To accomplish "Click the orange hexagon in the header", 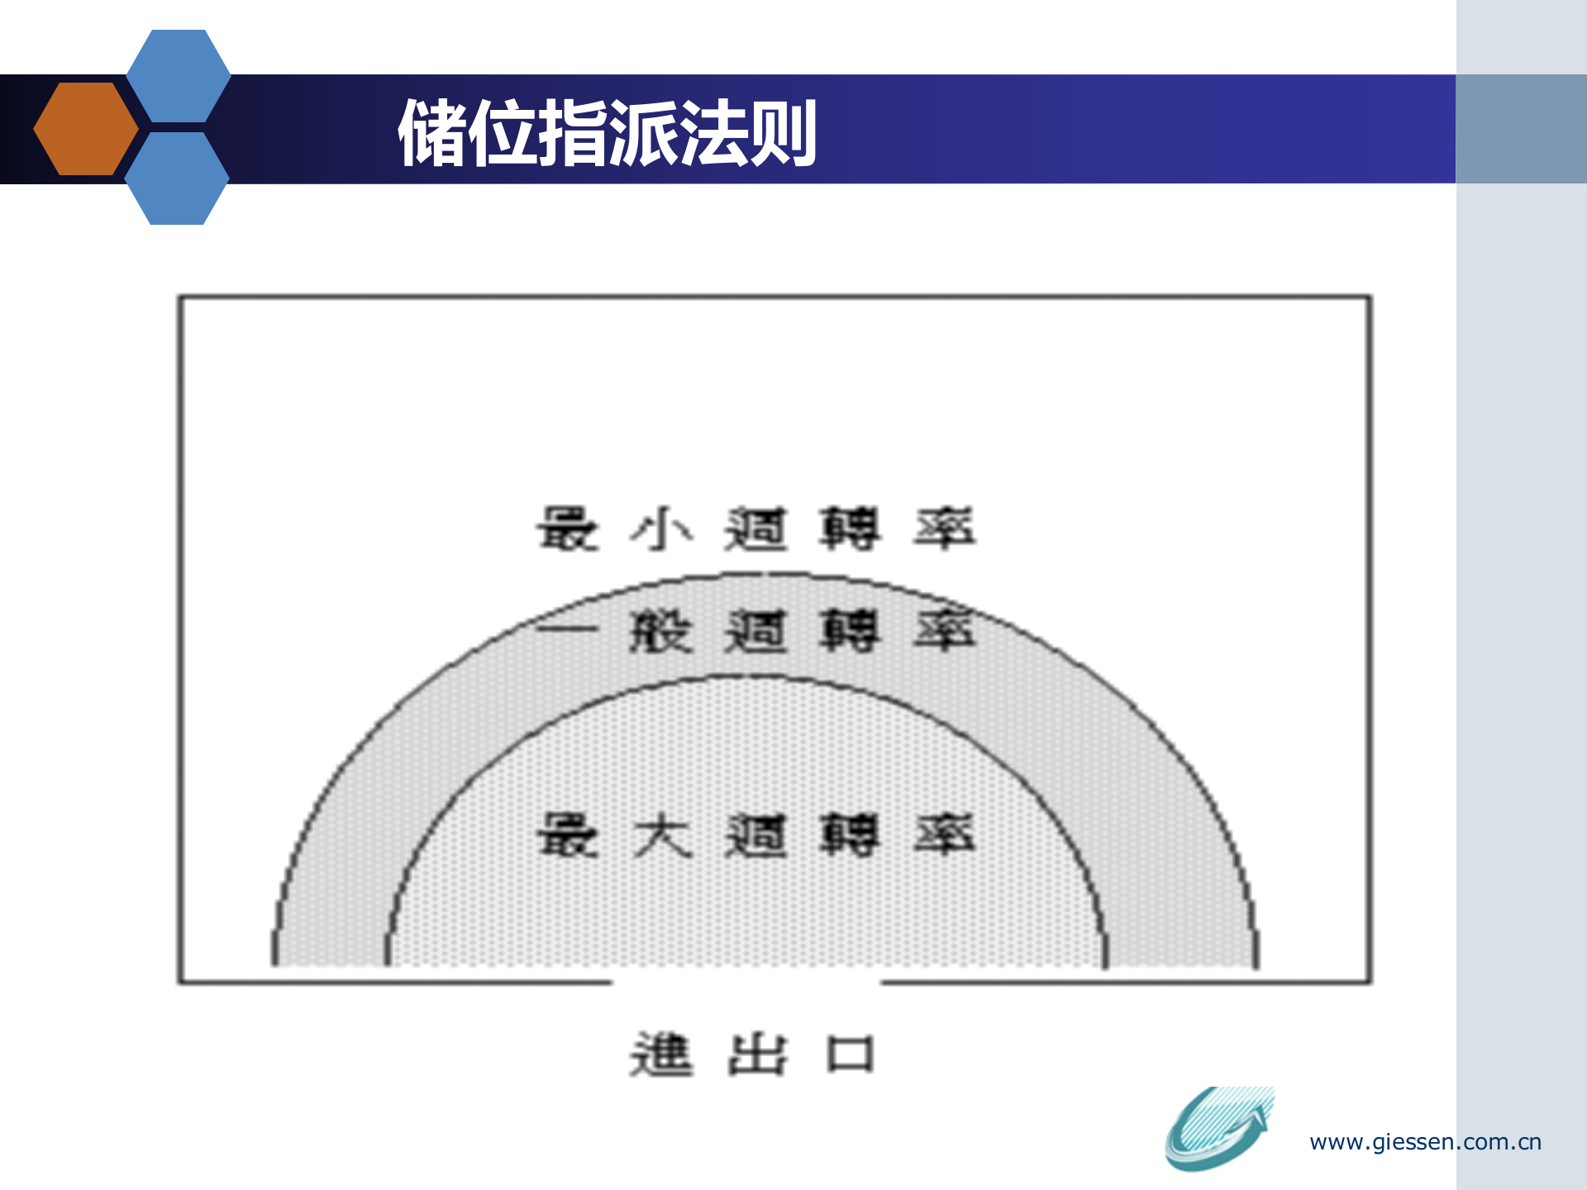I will pyautogui.click(x=86, y=129).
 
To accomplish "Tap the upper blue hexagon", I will pyautogui.click(x=179, y=76).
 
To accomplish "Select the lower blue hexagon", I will pyautogui.click(x=177, y=178).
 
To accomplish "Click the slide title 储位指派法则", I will pyautogui.click(x=608, y=132).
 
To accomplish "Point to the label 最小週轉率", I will pyautogui.click(x=755, y=529).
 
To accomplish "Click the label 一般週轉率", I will pyautogui.click(x=755, y=632).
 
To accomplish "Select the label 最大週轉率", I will pyautogui.click(x=755, y=835).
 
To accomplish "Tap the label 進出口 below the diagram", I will pyautogui.click(x=751, y=1054).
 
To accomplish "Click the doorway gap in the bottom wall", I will pyautogui.click(x=746, y=982).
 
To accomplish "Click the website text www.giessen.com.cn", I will pyautogui.click(x=1425, y=1142).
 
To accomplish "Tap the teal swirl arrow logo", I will pyautogui.click(x=1218, y=1128).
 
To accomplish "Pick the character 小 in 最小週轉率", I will pyautogui.click(x=661, y=529).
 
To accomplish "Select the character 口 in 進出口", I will pyautogui.click(x=851, y=1054).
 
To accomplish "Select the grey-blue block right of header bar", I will pyautogui.click(x=1521, y=129).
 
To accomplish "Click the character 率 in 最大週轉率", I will pyautogui.click(x=945, y=835).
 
